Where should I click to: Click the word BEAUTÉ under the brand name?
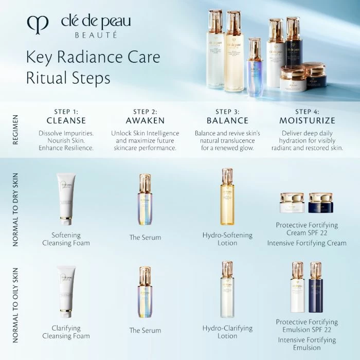96,35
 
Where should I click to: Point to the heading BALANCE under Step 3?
227,121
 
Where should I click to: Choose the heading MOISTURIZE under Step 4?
307,121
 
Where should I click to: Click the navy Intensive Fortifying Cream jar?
321,203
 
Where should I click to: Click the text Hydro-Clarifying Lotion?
227,332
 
